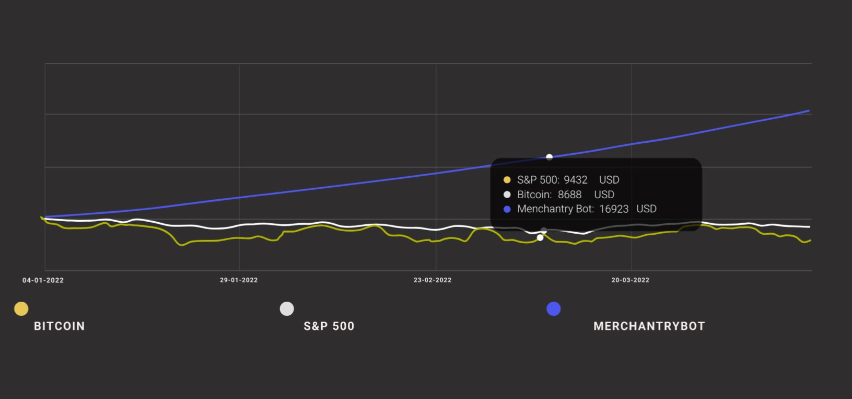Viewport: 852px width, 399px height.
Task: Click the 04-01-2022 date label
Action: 43,280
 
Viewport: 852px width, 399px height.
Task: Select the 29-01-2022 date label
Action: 239,280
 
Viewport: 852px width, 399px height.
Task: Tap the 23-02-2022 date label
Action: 433,280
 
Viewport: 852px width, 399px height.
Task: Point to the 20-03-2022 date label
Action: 631,280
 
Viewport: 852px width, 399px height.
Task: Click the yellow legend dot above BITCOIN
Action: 21,309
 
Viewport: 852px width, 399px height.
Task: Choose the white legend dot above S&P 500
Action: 287,309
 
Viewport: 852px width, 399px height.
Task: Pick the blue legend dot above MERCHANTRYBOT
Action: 554,309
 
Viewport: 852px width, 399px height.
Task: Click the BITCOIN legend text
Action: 59,326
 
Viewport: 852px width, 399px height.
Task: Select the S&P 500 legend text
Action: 329,326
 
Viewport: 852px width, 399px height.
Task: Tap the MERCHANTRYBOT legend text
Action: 649,326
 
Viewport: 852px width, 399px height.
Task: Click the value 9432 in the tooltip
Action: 576,180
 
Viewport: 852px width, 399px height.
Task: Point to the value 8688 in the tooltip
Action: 569,195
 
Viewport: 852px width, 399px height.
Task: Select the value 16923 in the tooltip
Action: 614,209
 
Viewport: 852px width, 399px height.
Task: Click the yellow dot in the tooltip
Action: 507,180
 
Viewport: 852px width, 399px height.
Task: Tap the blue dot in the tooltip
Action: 507,209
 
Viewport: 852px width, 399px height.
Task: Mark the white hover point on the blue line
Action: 549,157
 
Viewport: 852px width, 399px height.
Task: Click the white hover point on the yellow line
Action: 540,238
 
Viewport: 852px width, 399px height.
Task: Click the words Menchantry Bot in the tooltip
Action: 554,209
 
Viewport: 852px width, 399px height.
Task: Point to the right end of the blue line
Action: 809,111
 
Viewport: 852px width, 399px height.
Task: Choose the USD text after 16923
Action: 646,209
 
